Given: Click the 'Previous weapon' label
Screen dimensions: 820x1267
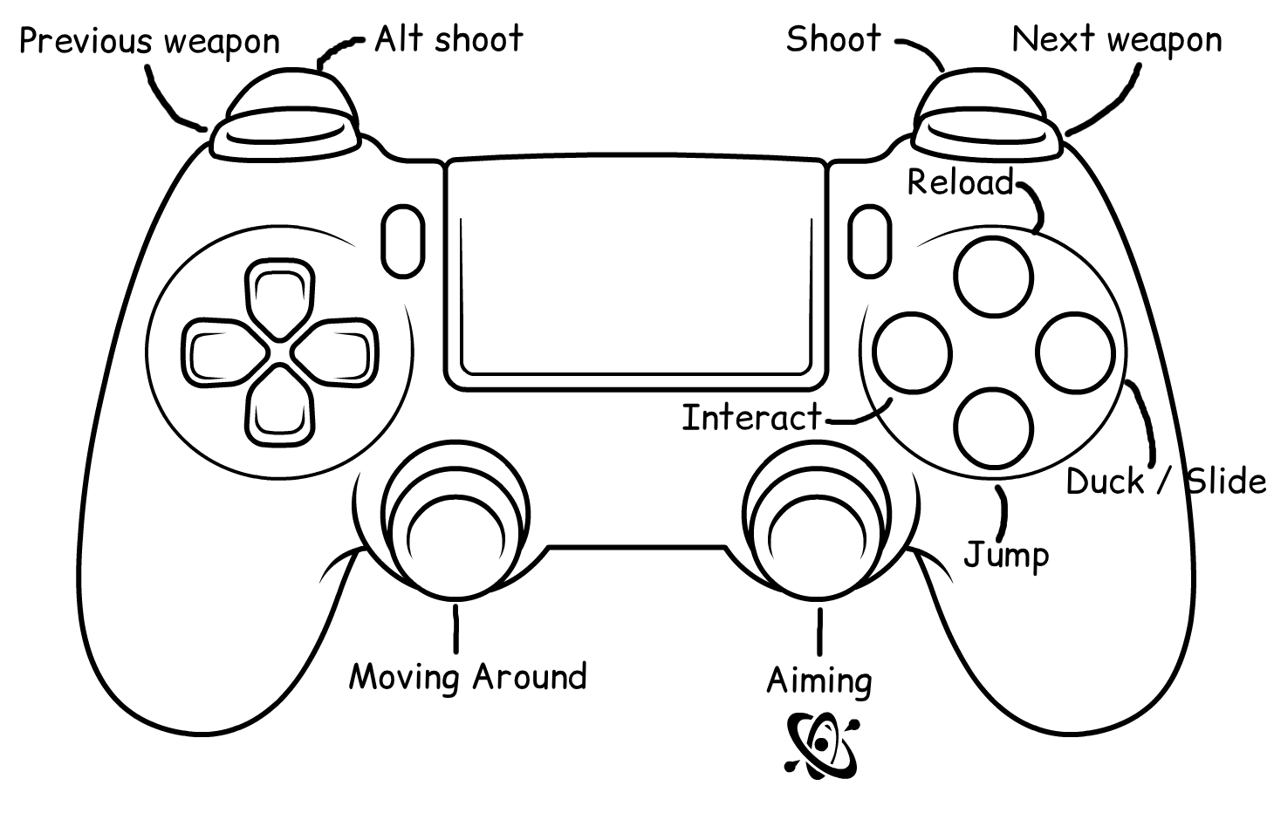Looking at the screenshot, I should (149, 42).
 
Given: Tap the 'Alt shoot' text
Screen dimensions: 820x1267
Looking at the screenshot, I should (449, 39).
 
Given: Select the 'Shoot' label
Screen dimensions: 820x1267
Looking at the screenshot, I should (833, 39).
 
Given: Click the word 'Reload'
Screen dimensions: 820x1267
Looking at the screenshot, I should (960, 182).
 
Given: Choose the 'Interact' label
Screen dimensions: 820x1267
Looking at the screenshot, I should (751, 418).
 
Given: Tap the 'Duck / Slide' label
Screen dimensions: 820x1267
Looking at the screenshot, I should (1165, 482).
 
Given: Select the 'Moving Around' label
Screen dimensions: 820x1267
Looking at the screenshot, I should (468, 677).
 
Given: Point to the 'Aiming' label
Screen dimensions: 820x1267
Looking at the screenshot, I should (818, 680).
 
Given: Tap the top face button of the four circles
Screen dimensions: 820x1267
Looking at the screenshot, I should (993, 277).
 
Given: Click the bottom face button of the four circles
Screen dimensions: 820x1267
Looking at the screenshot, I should (994, 427).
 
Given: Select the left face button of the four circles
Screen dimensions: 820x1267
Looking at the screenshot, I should (913, 353).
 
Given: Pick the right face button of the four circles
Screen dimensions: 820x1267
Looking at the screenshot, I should (1075, 353).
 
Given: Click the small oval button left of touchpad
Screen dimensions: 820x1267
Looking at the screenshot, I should (402, 240).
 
